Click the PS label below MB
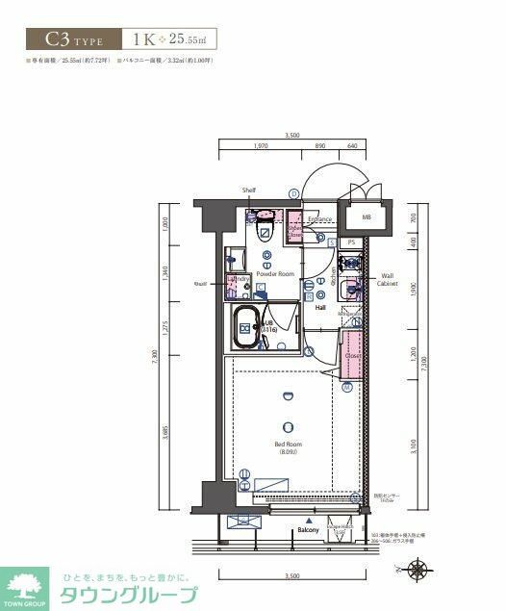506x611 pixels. click(x=352, y=242)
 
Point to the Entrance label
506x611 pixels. click(x=319, y=219)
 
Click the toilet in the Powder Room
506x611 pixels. click(x=266, y=228)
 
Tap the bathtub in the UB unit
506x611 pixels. click(x=247, y=329)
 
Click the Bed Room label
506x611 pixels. click(x=287, y=445)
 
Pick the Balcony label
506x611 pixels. click(x=308, y=530)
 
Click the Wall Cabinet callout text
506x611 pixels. click(x=387, y=280)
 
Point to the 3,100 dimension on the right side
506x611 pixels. click(x=413, y=446)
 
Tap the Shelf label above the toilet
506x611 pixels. click(x=249, y=191)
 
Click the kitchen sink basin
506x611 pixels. click(x=353, y=284)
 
